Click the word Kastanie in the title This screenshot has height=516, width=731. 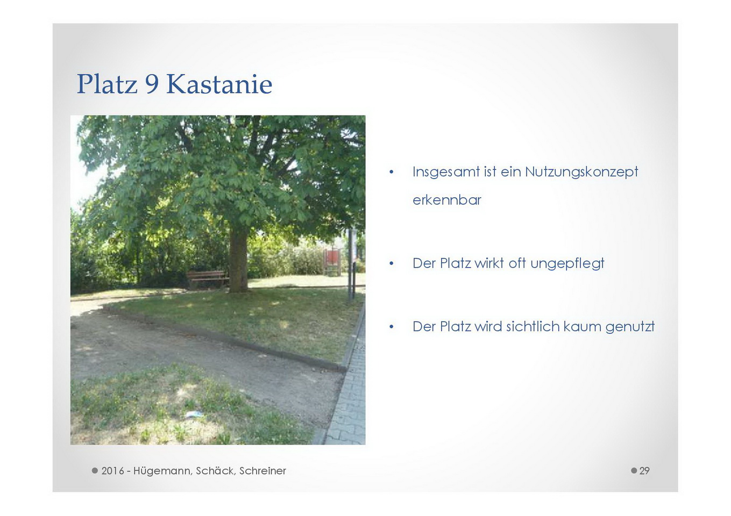(x=219, y=84)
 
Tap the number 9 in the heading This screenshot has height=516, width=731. (x=152, y=84)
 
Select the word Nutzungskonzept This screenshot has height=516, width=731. (x=581, y=172)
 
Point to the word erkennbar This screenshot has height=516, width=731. (x=447, y=199)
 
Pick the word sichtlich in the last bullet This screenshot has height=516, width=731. (x=533, y=326)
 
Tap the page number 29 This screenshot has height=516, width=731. (x=644, y=471)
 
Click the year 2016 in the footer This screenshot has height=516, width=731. (x=112, y=471)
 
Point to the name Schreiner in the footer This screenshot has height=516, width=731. (x=262, y=471)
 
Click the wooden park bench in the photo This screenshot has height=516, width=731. (x=207, y=279)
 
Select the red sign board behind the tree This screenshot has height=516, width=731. (x=331, y=257)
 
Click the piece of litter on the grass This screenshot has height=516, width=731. (x=194, y=414)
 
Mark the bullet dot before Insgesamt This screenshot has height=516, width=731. (x=391, y=172)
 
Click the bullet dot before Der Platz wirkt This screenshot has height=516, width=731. (x=391, y=263)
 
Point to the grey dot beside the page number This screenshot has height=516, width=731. (x=634, y=471)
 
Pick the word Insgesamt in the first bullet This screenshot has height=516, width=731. (x=446, y=172)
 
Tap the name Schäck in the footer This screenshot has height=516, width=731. (x=215, y=471)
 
